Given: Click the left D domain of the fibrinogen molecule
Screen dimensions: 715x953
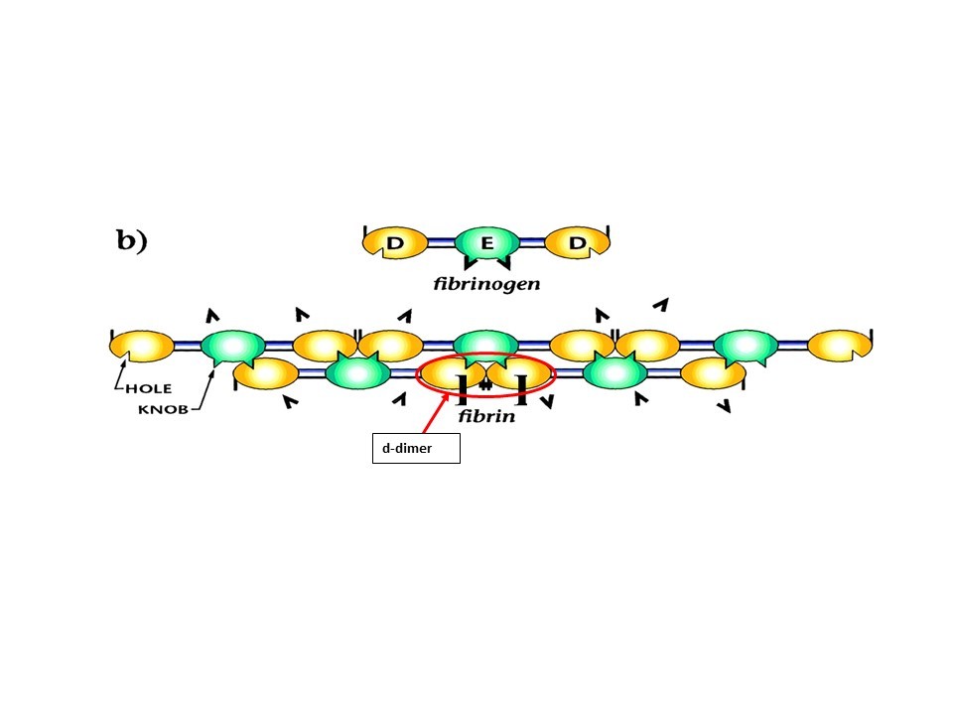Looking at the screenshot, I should point(394,243).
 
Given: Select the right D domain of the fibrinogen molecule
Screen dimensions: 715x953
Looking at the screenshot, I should point(577,243).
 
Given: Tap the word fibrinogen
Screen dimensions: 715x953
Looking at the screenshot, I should point(486,283).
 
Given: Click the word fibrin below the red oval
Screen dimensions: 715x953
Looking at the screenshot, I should point(486,416).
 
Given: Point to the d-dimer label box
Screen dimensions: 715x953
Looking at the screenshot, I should point(416,449).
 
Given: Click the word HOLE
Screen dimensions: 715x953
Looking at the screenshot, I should point(150,390).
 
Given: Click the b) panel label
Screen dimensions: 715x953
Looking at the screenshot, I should point(132,241).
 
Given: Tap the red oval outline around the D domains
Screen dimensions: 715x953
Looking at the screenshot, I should point(486,355).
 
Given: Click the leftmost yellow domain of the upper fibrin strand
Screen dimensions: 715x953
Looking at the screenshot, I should point(141,346).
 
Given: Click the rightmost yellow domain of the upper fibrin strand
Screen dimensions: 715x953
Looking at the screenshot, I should point(840,346).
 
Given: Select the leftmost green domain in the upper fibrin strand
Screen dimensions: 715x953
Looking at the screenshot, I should point(232,347).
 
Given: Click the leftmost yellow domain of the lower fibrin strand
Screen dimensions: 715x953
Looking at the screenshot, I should point(265,374).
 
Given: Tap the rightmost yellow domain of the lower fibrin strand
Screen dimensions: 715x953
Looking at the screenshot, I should point(713,373).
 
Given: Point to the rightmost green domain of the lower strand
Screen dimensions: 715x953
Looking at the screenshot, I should point(614,371).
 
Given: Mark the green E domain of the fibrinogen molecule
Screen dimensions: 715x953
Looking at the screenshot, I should point(486,243).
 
